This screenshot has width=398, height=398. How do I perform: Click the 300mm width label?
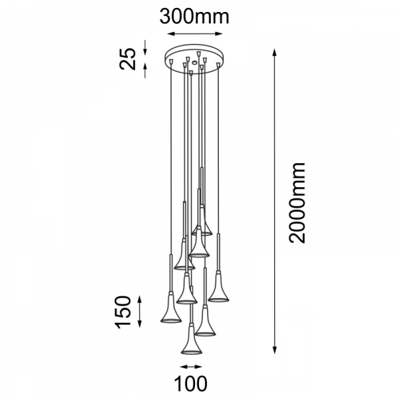[194, 16]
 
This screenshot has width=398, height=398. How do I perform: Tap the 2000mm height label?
[296, 202]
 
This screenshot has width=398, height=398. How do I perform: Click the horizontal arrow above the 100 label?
[192, 367]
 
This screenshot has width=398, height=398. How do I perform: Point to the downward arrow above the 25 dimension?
[145, 47]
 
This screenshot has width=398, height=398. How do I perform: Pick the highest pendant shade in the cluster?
[202, 228]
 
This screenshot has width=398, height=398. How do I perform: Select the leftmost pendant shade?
[170, 310]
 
